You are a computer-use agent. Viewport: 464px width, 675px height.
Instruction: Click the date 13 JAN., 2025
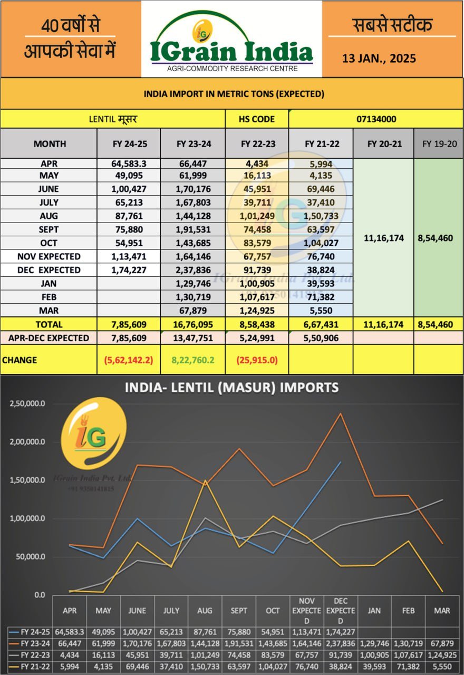379,59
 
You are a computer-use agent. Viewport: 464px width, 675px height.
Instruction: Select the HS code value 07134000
376,119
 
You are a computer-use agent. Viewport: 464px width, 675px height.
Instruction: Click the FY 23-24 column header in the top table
192,143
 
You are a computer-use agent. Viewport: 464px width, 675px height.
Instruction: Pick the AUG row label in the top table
49,216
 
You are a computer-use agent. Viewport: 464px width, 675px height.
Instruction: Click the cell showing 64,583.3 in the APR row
129,163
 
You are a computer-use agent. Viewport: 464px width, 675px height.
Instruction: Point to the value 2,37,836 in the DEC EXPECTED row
192,270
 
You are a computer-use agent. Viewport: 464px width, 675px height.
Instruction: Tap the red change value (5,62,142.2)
129,360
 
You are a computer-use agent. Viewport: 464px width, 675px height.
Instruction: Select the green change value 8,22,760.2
192,360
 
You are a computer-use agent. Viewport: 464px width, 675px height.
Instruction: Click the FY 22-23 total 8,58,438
257,324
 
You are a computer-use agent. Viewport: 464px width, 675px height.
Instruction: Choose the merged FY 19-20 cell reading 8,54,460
434,238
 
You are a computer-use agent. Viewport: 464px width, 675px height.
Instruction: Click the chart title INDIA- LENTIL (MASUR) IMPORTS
231,388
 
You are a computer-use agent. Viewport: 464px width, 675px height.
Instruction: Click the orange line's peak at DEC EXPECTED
340,413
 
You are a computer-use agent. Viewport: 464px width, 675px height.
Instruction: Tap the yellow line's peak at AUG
205,480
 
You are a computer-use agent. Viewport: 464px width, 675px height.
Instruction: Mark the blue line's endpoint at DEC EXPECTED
340,462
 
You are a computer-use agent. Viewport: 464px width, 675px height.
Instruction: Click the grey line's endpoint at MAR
442,499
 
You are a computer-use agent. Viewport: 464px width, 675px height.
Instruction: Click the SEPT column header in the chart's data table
239,611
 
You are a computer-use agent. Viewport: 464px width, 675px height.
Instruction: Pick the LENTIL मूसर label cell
113,119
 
